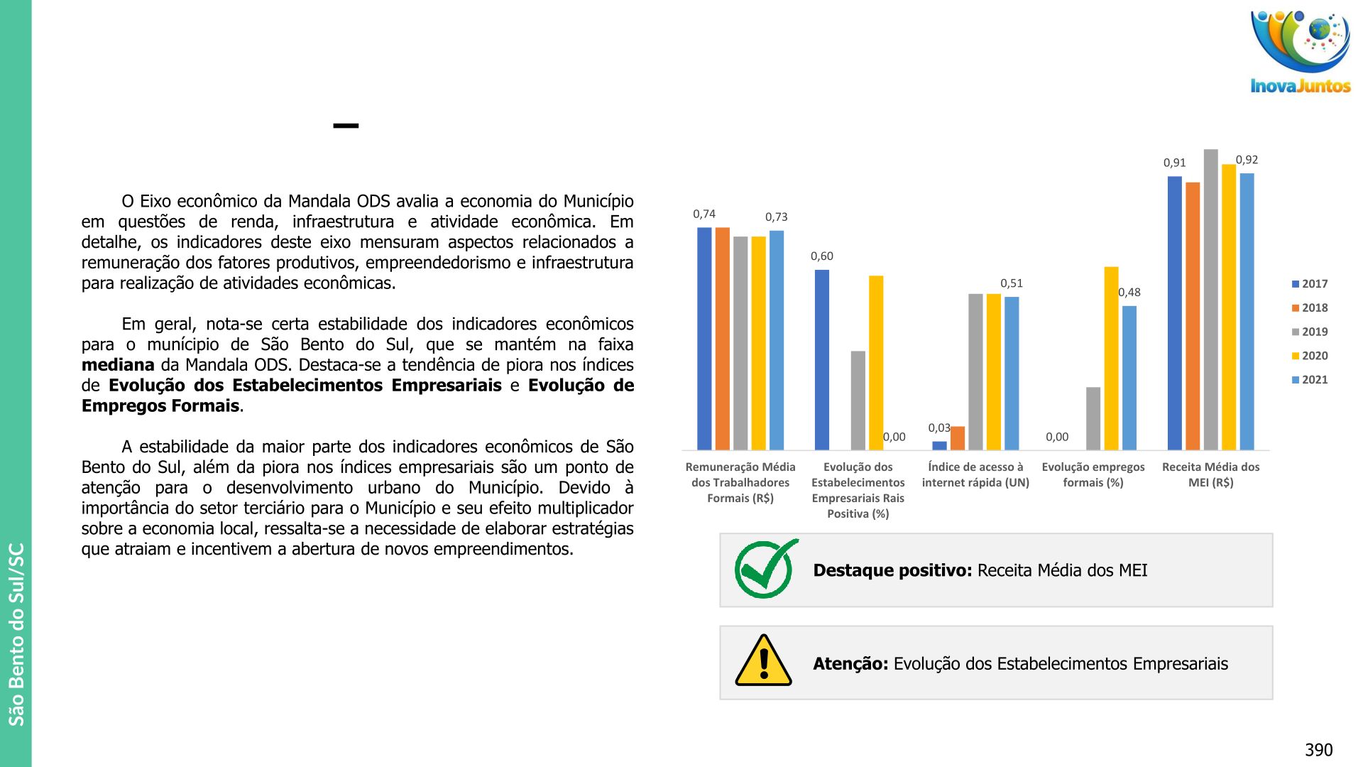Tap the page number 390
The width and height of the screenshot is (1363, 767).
tap(1318, 750)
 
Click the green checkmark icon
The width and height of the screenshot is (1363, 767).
tap(765, 569)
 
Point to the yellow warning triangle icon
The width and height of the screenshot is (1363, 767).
tap(763, 661)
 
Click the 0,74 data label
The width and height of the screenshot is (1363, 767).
tap(704, 214)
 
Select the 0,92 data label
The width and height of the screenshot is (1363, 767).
tap(1247, 160)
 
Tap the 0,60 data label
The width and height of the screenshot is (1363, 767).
tap(822, 256)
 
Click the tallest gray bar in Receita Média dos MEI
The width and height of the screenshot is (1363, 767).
tap(1210, 298)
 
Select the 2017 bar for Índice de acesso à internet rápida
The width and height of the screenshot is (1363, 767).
tap(939, 445)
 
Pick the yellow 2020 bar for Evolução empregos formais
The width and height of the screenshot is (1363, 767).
tap(1111, 358)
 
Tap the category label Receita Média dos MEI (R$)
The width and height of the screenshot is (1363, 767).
tap(1210, 474)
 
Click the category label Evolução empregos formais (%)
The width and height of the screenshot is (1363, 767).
tap(1093, 474)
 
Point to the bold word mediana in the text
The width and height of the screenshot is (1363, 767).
tap(118, 365)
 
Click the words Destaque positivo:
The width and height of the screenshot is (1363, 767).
tap(892, 570)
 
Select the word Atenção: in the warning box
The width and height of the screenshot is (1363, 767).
tap(850, 664)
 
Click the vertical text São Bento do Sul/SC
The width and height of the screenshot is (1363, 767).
tap(16, 634)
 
